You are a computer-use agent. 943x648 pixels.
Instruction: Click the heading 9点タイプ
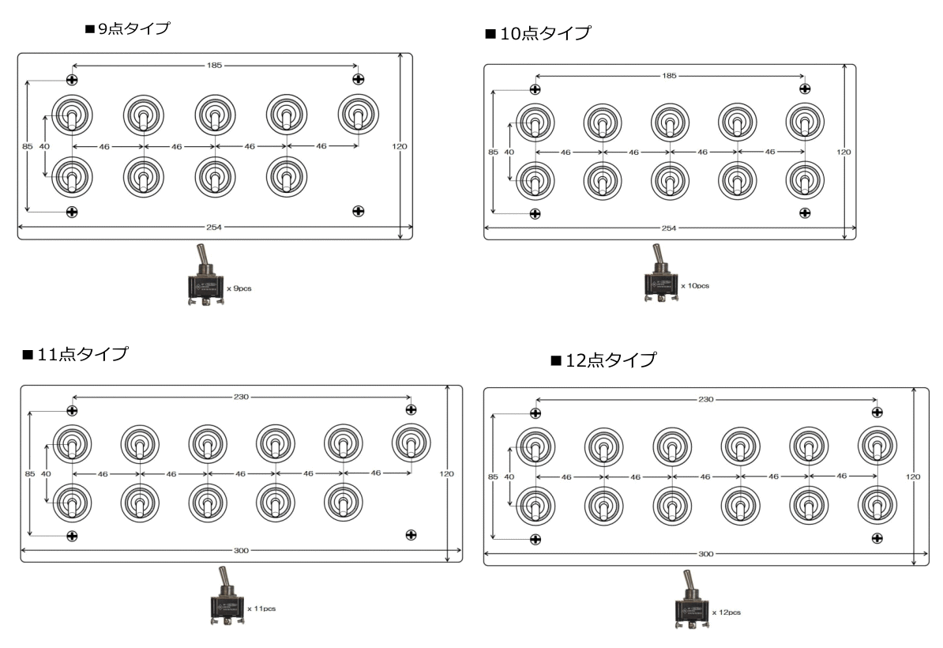click(x=127, y=28)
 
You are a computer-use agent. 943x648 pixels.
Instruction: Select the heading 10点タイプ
click(x=539, y=33)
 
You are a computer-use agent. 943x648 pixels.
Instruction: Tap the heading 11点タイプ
click(x=75, y=354)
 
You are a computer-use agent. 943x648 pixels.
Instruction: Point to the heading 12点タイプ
click(x=604, y=360)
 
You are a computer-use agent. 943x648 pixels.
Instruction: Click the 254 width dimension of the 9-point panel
click(x=214, y=228)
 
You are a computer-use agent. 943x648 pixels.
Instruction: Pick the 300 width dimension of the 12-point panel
click(x=705, y=553)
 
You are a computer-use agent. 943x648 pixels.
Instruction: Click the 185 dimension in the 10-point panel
click(x=670, y=76)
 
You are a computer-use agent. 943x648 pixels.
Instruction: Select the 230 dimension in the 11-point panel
click(x=241, y=397)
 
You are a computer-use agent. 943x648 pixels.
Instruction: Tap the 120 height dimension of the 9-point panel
click(x=400, y=146)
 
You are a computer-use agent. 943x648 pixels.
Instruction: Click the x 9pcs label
click(x=239, y=288)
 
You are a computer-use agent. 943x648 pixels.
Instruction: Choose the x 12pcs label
click(x=727, y=612)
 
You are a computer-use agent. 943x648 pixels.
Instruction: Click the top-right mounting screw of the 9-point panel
click(x=359, y=79)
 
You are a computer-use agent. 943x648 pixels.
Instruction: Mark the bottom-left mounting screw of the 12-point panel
click(x=535, y=539)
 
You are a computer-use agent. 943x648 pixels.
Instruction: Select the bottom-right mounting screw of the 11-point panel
click(x=411, y=535)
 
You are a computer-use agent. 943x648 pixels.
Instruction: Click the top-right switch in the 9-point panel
click(x=358, y=115)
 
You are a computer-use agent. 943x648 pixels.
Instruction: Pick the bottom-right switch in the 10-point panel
click(x=805, y=180)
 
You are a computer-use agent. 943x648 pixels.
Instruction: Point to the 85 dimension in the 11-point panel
click(x=30, y=474)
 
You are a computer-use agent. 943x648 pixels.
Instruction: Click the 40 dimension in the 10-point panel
click(x=509, y=153)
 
